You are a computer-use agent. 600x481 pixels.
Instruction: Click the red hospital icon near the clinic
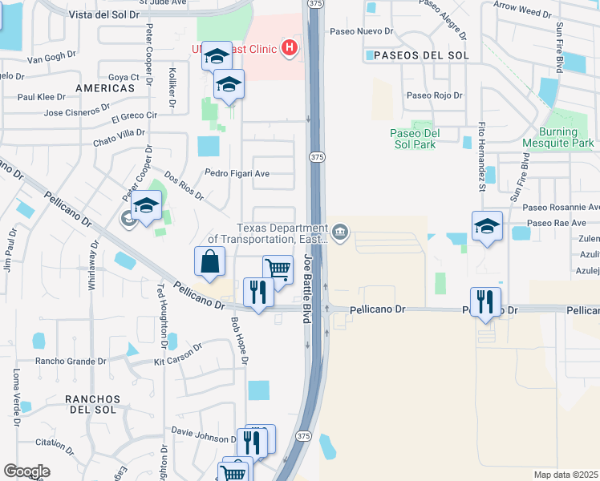(290, 49)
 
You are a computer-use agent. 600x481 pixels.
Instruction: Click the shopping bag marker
(209, 261)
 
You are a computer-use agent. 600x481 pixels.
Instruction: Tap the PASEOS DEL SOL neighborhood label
(416, 55)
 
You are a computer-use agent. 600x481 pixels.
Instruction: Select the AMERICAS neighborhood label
(104, 87)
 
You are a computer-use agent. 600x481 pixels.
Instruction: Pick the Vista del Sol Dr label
(104, 15)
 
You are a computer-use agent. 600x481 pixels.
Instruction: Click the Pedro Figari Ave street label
(237, 173)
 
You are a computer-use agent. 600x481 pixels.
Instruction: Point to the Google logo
(26, 471)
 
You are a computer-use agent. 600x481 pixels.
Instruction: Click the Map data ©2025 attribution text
(566, 475)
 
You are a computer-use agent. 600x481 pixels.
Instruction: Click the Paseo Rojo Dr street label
(435, 95)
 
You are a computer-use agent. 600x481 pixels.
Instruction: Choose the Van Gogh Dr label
(51, 59)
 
